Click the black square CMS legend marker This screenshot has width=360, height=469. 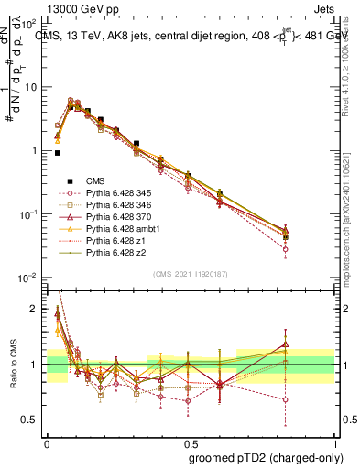click(68, 182)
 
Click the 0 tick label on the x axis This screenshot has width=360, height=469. click(47, 442)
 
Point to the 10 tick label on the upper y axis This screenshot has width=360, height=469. click(31, 87)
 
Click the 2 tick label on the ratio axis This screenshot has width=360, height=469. click(35, 309)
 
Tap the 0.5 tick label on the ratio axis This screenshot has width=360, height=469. click(31, 420)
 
